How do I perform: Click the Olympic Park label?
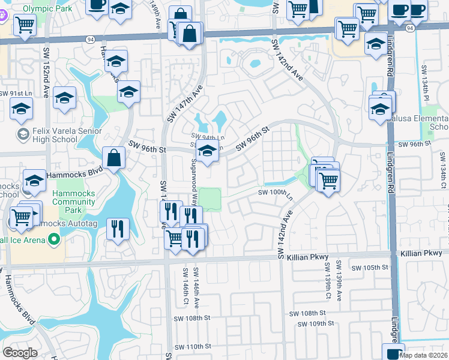click(x=40, y=8)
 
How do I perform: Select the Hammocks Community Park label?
click(x=73, y=202)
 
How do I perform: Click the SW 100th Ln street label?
click(x=274, y=193)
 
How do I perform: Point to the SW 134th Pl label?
click(x=426, y=83)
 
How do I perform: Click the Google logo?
click(x=20, y=352)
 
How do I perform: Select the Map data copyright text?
click(x=423, y=355)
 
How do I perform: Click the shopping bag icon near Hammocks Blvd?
click(x=113, y=158)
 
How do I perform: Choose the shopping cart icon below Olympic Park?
click(x=25, y=25)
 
